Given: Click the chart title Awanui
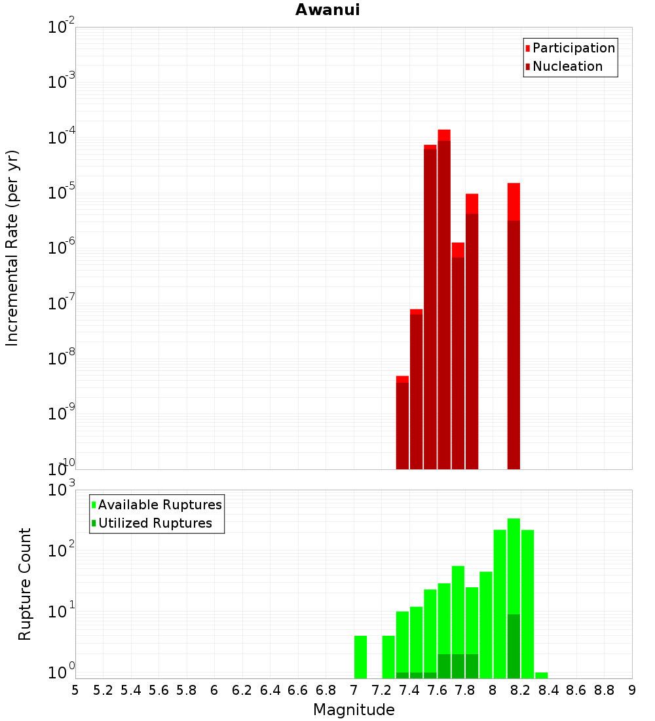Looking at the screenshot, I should click(x=327, y=10).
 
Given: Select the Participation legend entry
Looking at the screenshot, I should click(x=574, y=48).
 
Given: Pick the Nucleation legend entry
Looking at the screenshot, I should click(x=567, y=66).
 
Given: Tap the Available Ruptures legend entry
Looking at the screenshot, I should click(x=160, y=505).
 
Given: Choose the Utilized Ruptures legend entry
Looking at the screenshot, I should click(x=155, y=523).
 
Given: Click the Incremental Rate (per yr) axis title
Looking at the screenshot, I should click(x=12, y=248).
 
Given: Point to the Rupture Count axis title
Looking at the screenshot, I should click(x=25, y=583).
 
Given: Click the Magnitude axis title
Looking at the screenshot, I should click(x=354, y=710).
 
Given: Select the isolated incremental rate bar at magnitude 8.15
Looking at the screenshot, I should click(x=514, y=328).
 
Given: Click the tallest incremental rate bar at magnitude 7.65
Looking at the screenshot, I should click(x=444, y=302).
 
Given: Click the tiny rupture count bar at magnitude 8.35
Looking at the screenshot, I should click(x=541, y=675).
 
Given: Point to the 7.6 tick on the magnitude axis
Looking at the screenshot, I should click(x=437, y=690).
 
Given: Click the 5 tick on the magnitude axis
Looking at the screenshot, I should click(x=75, y=690).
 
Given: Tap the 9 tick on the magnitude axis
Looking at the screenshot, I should click(x=632, y=690).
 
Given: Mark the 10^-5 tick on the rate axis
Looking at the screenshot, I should click(x=61, y=193).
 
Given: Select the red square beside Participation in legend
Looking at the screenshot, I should click(x=527, y=49).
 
